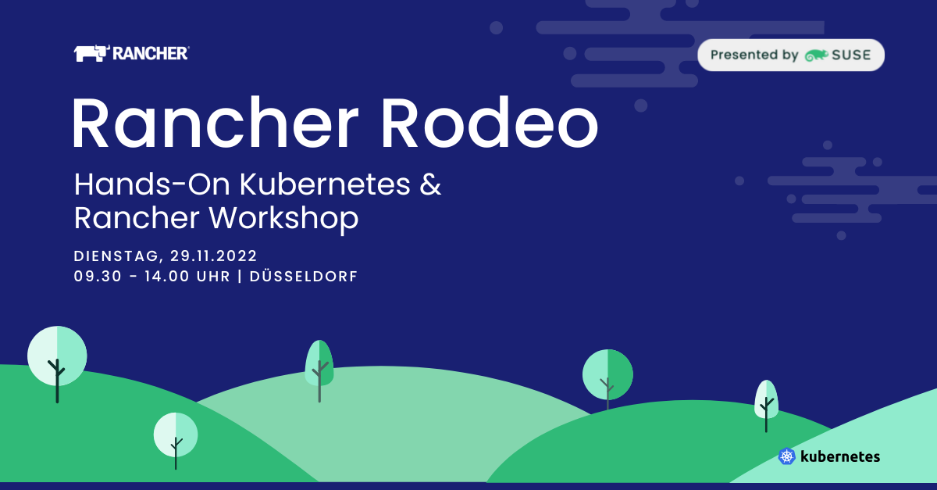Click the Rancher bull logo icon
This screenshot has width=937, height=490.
(x=92, y=53)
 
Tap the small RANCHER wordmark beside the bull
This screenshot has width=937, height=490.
(x=151, y=54)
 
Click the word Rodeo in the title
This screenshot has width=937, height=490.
(x=490, y=122)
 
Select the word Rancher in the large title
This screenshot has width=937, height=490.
(x=216, y=122)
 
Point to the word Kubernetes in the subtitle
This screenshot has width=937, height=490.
(x=325, y=184)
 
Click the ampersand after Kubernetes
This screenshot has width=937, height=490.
(x=430, y=184)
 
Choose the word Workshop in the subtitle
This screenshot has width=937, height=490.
(x=283, y=219)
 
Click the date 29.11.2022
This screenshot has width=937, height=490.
(x=214, y=256)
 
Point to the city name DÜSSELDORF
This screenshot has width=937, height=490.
(x=304, y=276)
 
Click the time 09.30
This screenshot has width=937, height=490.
(x=98, y=277)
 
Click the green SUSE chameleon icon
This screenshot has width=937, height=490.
(x=816, y=55)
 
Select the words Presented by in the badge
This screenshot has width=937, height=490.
(x=754, y=55)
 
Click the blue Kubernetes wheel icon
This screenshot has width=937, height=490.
(x=787, y=456)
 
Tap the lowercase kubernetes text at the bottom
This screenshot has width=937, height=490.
(x=840, y=456)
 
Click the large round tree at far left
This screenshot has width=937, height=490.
(x=57, y=364)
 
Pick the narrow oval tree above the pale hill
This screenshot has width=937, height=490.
(x=319, y=370)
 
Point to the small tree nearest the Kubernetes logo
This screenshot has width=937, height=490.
(x=766, y=406)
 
